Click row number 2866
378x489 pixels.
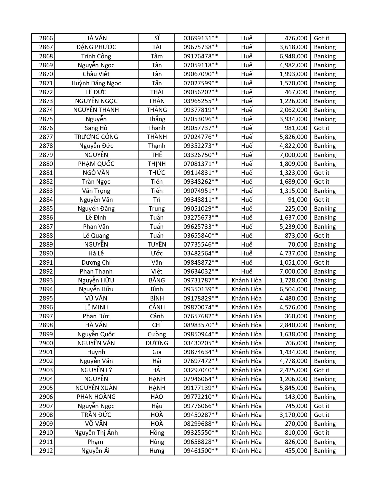point(46,38)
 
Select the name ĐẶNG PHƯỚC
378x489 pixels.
point(96,47)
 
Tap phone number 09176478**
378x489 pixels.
point(201,56)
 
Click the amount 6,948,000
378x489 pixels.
point(293,56)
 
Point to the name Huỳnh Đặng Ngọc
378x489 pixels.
point(96,83)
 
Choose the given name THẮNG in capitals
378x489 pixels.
point(157,110)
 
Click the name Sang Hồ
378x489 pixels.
point(96,128)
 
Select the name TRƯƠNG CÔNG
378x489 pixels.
point(96,137)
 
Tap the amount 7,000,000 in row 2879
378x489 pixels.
point(293,155)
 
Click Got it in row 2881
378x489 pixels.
point(322,173)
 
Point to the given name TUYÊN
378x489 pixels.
point(157,245)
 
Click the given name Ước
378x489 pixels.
point(157,253)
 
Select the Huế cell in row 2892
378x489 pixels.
point(246,271)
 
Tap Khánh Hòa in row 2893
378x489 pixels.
point(246,280)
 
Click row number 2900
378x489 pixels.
point(46,343)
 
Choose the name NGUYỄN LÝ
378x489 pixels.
point(96,370)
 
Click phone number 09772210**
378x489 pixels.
point(201,397)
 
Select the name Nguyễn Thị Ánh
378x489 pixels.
point(96,433)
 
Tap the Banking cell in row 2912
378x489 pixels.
point(325,451)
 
